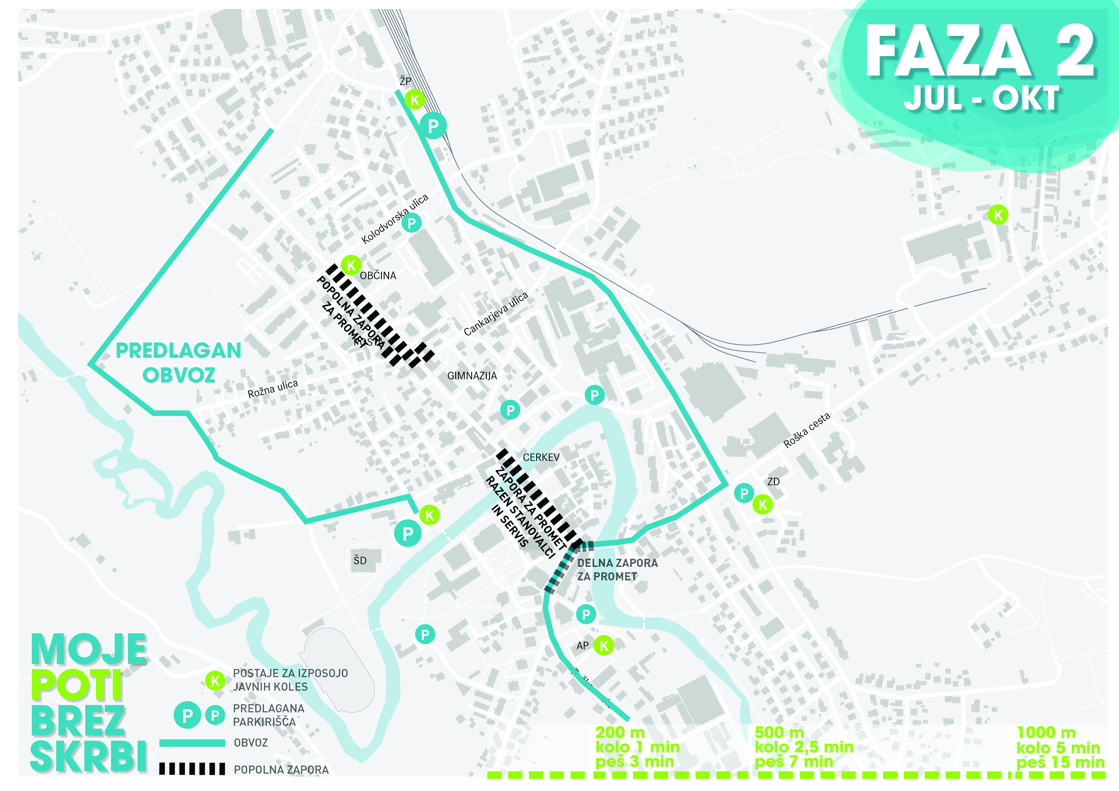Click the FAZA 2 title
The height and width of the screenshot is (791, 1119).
(980, 51)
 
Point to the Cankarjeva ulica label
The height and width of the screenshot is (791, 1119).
(496, 314)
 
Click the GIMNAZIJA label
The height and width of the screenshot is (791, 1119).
(472, 375)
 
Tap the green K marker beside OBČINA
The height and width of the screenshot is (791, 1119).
(351, 265)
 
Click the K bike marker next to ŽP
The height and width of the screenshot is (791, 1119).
(415, 100)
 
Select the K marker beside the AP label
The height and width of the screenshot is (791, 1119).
(604, 646)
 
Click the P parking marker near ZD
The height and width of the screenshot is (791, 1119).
(744, 493)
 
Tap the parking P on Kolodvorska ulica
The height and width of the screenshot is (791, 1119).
(412, 223)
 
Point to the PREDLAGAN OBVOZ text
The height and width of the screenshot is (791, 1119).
(178, 363)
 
